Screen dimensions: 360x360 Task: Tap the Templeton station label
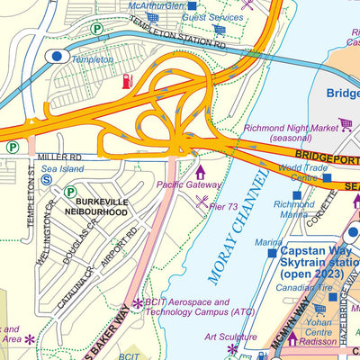coord(93,59)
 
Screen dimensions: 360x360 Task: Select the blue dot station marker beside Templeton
coord(56,56)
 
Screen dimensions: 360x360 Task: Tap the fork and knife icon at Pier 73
coord(202,199)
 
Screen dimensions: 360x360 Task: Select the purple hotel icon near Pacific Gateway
coord(199,170)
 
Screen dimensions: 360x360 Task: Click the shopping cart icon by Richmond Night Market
coord(345,124)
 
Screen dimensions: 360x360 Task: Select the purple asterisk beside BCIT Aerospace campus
coord(137,304)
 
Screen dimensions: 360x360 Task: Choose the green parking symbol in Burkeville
coord(70,192)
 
